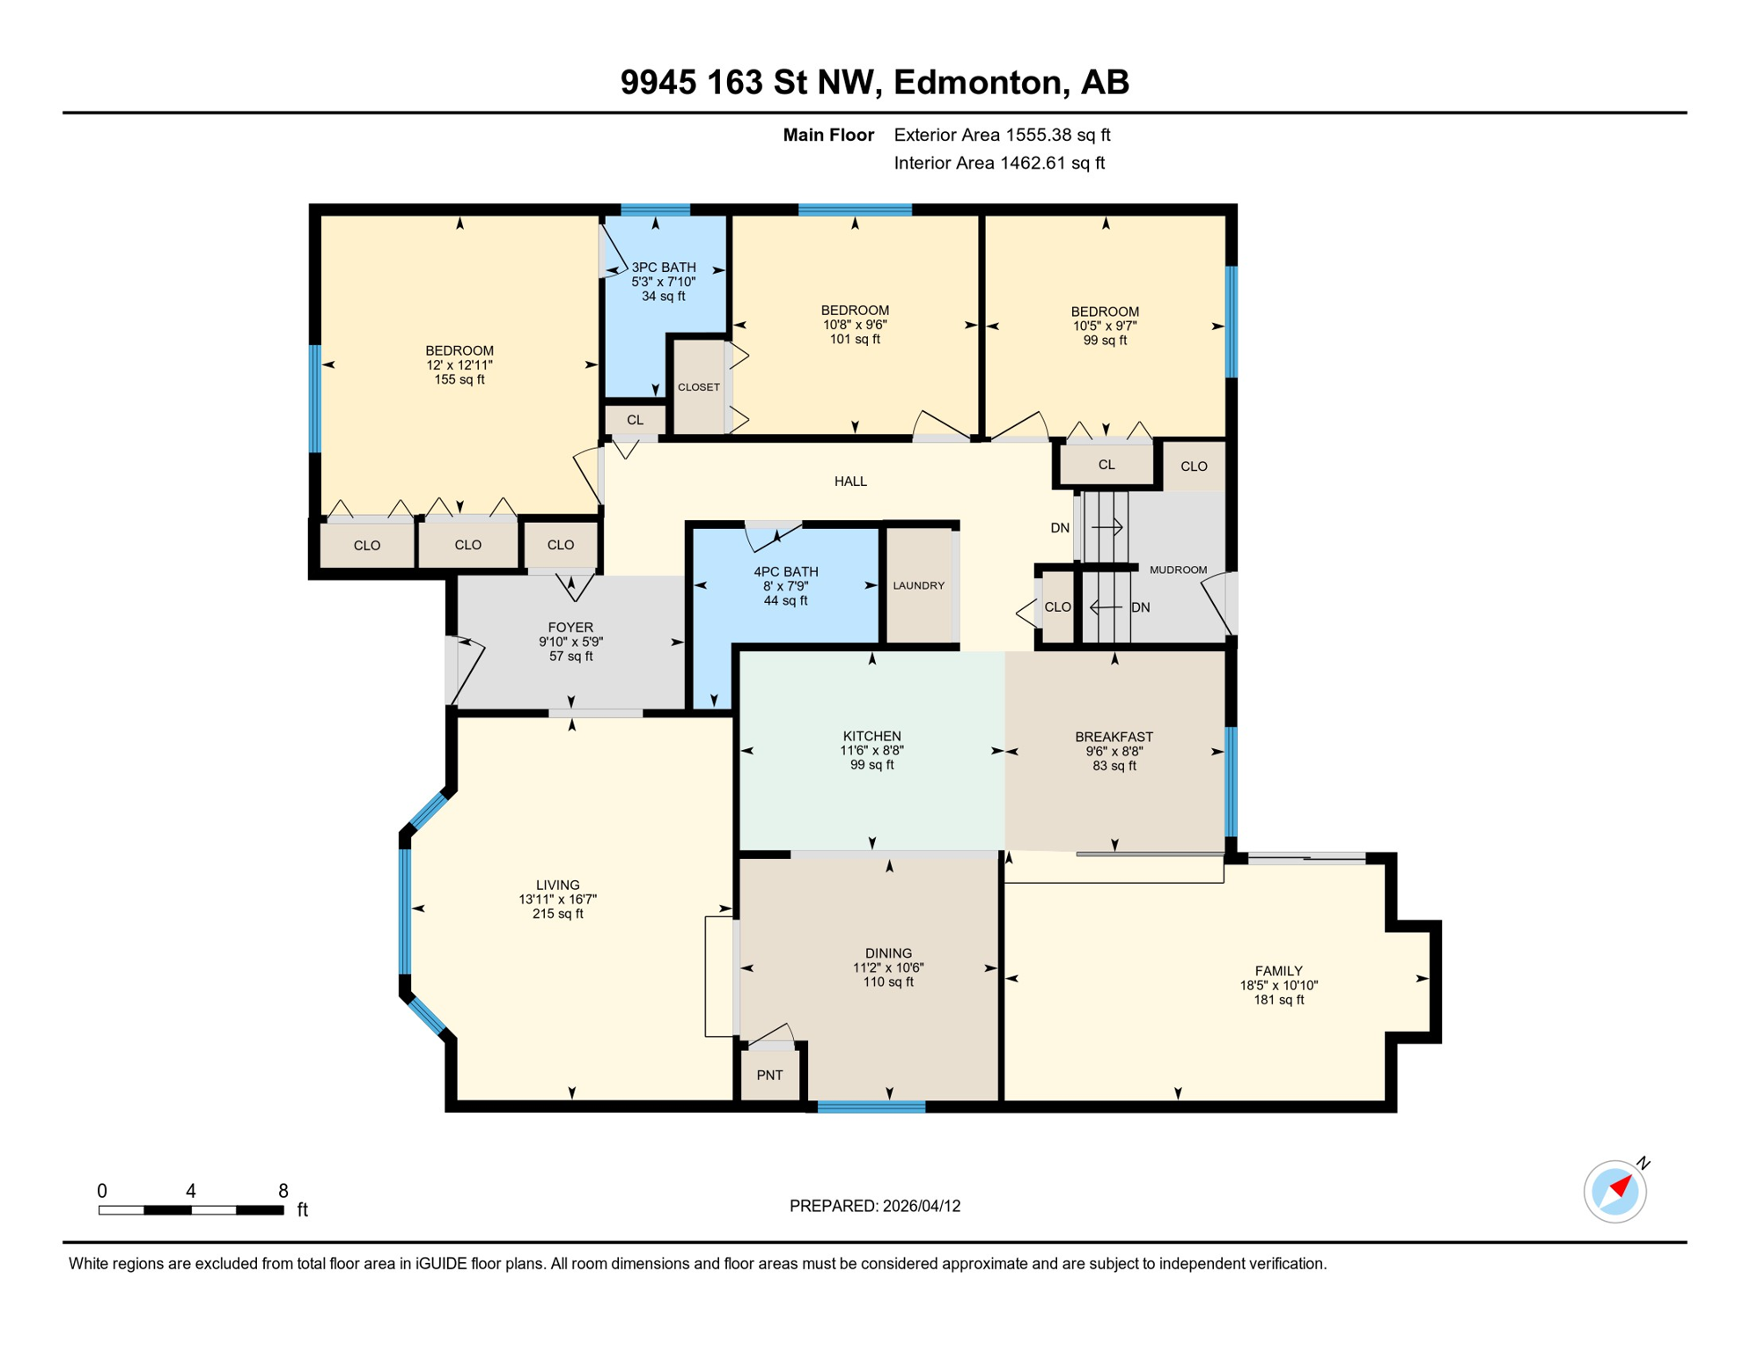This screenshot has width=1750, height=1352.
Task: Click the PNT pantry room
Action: tap(769, 1075)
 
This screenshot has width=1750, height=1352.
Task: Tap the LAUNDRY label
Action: tap(918, 585)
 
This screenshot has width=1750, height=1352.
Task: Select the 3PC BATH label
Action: tap(664, 268)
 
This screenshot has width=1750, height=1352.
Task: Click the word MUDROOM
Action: tap(1178, 569)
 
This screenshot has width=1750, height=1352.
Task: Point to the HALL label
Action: tap(850, 481)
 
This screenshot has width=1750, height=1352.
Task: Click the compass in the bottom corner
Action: tap(1615, 1191)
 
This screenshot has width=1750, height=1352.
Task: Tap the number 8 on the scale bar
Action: tap(283, 1191)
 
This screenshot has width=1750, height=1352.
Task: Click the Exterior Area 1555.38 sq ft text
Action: tap(1002, 135)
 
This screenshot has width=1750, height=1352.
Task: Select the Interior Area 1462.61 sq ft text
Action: tap(999, 163)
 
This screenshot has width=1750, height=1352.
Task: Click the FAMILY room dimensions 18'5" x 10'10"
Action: tap(1278, 986)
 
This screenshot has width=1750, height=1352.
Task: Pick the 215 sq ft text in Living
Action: tap(557, 914)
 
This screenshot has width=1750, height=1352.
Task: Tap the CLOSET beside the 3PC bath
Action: tap(699, 387)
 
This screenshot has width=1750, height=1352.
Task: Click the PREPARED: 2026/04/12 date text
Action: tap(874, 1206)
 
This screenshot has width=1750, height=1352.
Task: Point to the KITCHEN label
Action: tap(871, 736)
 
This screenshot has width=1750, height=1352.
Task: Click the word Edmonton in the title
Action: tap(981, 82)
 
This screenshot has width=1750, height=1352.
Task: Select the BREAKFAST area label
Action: tap(1114, 737)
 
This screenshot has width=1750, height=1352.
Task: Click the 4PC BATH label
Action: tap(785, 571)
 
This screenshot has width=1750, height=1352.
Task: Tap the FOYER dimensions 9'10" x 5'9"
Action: tap(570, 642)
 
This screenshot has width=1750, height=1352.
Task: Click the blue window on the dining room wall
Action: tap(871, 1107)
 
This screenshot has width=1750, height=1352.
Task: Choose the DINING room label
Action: tap(888, 953)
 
